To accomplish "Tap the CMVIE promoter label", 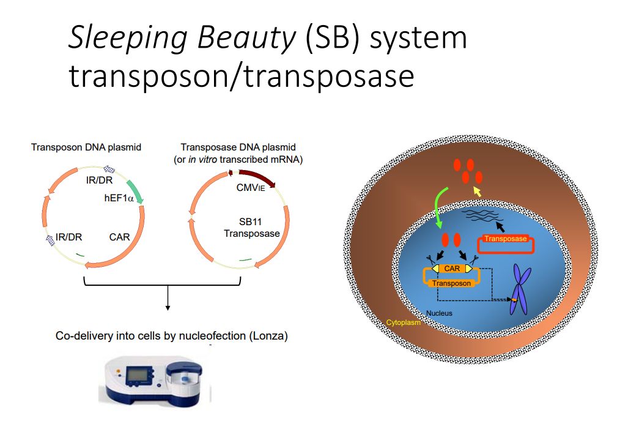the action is click(250, 188).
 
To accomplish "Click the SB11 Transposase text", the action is click(251, 227).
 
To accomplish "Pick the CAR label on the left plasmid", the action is click(119, 236).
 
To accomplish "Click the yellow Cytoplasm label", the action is click(403, 322).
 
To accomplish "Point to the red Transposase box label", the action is click(505, 239).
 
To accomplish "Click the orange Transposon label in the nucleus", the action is click(452, 283).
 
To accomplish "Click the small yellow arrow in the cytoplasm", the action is click(478, 193).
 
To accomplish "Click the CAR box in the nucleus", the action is click(452, 269).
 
